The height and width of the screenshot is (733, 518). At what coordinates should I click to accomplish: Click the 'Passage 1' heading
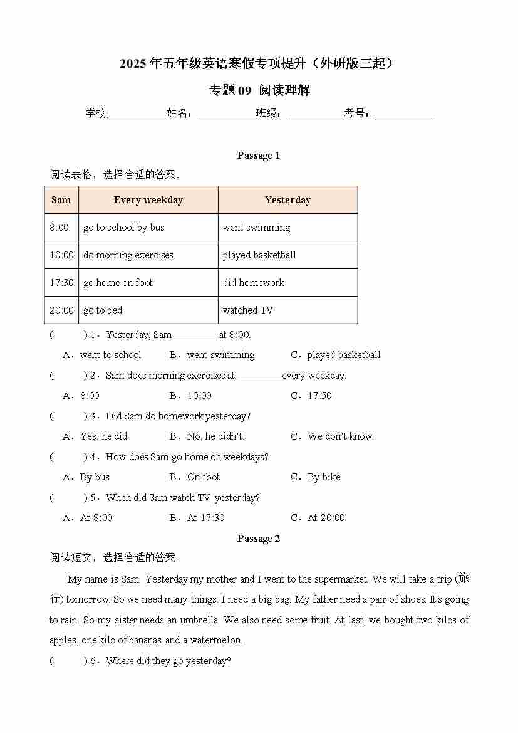coord(258,156)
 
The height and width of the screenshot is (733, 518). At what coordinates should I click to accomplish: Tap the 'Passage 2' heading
coord(258,539)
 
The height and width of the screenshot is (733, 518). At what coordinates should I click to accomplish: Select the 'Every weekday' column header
coord(148,200)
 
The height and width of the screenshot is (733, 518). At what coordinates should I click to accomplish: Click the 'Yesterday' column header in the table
coord(287,200)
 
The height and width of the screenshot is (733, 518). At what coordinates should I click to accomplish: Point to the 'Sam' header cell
coord(61,200)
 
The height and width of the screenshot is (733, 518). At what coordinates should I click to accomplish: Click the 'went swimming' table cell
coord(256,228)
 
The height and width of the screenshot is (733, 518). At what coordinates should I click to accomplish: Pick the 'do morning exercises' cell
coord(128,255)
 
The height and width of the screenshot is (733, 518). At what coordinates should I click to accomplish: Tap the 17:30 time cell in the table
coord(61,283)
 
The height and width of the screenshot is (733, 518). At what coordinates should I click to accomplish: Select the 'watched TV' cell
coord(248,310)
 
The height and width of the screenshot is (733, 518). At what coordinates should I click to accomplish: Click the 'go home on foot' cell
coord(118,283)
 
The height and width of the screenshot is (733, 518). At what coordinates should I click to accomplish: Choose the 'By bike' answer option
coord(324,477)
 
